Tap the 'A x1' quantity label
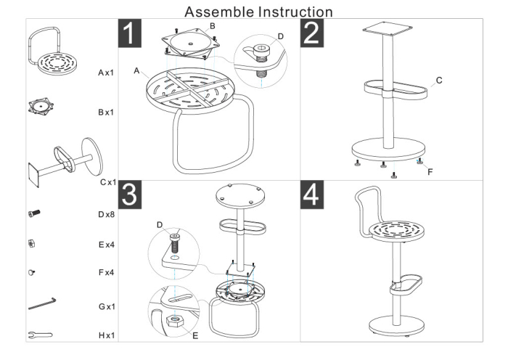(x=107, y=74)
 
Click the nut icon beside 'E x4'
(x=31, y=244)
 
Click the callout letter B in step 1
(x=212, y=25)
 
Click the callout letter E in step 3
(x=195, y=335)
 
